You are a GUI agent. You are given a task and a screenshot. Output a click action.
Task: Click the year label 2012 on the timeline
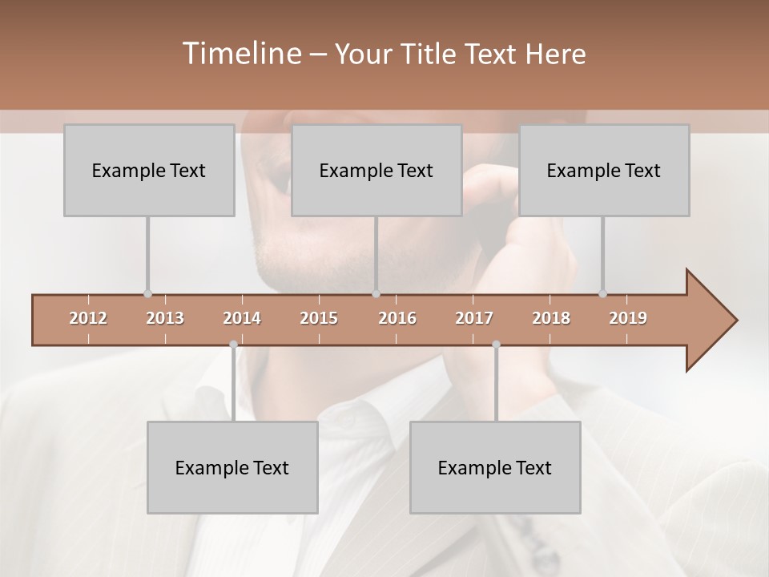coord(88,318)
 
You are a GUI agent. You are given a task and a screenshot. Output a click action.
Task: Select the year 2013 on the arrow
coord(165,318)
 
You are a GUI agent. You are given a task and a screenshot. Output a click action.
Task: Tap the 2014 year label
coord(242,318)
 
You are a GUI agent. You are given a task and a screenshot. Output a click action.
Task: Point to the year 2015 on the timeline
coord(319,318)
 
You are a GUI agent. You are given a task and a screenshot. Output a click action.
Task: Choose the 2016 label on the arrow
coord(397,318)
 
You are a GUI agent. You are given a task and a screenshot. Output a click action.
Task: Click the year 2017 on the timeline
coord(474,318)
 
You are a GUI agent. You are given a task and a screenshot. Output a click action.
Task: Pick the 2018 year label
coord(551,318)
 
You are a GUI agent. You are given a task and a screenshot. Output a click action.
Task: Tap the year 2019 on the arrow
coord(628,318)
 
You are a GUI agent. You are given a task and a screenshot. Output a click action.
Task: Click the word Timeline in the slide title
coord(240,54)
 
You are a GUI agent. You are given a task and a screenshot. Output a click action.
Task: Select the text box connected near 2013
coord(149,171)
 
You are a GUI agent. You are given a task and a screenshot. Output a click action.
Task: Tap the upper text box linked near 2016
coord(376,171)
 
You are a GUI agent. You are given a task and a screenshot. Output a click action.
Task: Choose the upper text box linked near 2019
coord(604,171)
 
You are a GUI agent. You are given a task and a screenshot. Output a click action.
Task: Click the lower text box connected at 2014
coord(232,468)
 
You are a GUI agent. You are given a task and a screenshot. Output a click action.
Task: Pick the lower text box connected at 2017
coord(495,468)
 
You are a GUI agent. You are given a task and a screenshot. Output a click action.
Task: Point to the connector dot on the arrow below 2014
coord(233,345)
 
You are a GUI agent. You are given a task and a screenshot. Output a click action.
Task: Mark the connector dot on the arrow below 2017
coord(496,345)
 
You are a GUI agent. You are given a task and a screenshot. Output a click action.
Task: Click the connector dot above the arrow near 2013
coord(147,294)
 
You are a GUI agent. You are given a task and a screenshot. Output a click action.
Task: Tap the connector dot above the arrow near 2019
coord(602,294)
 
